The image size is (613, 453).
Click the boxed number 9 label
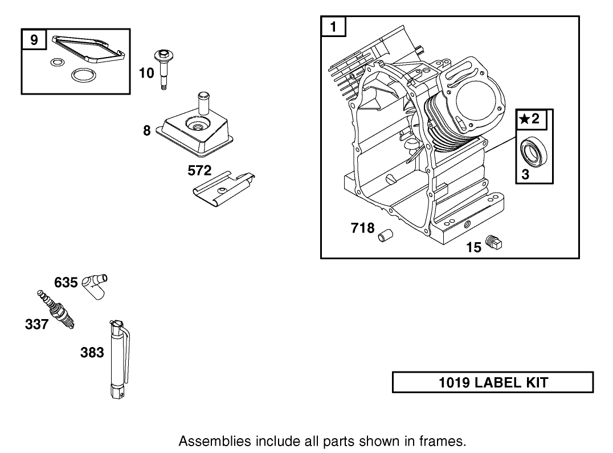[x=34, y=40]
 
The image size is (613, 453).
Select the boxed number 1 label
[x=334, y=26]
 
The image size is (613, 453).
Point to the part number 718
[x=362, y=228]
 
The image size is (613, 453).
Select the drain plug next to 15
[x=495, y=243]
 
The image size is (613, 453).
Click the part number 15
[x=474, y=247]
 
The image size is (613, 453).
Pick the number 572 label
[x=200, y=170]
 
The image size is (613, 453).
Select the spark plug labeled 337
[x=58, y=309]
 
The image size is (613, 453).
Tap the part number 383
[x=92, y=353]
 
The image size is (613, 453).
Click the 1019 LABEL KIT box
[x=493, y=382]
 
